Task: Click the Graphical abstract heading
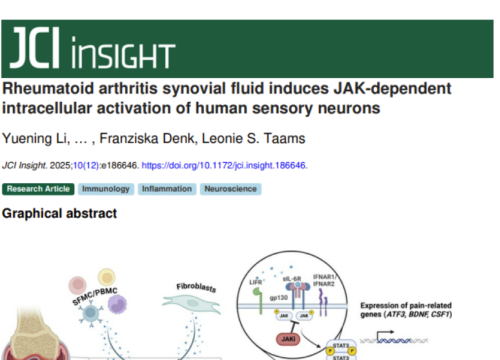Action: point(60,213)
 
